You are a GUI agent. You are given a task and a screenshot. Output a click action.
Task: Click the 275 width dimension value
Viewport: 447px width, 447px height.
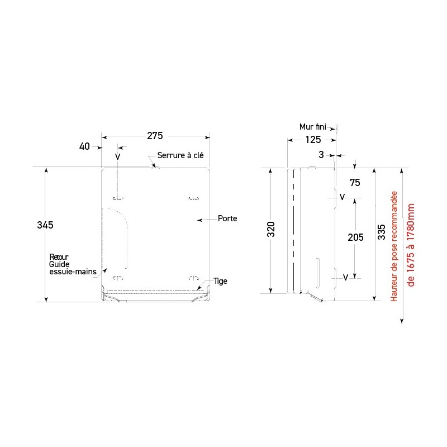point(155,136)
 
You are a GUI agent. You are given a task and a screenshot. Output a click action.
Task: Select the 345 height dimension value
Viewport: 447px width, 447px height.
point(45,225)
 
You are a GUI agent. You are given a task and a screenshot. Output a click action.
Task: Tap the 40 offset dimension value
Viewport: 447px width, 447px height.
point(84,146)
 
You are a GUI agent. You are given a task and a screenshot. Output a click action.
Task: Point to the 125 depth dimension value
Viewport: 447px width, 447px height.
point(313,140)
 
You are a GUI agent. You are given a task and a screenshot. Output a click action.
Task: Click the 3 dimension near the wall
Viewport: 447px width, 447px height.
point(321,155)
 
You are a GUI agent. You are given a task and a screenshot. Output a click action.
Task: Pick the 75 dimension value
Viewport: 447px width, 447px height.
point(355,183)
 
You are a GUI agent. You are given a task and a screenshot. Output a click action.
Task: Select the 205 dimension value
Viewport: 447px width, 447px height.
point(355,237)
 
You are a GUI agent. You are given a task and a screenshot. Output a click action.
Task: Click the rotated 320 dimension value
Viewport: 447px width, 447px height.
point(271,229)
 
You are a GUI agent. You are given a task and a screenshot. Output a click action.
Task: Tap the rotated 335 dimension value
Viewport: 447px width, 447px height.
point(382,232)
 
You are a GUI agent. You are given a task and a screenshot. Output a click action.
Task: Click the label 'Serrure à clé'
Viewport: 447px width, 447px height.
point(180,155)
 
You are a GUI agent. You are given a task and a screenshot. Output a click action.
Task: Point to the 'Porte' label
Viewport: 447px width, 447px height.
point(227,218)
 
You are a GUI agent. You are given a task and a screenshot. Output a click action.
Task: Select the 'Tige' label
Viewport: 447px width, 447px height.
point(220,281)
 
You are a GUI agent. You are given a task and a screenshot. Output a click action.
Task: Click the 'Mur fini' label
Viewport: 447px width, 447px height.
point(312,127)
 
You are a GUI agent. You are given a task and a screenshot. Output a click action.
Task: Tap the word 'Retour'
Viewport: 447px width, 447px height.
point(59,257)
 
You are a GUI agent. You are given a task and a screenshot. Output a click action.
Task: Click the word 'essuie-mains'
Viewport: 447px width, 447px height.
point(73,272)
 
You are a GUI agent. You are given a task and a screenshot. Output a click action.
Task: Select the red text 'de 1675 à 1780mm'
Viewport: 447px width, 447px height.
point(411,245)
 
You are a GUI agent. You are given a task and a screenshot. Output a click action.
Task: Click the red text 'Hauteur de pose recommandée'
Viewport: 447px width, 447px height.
point(394,246)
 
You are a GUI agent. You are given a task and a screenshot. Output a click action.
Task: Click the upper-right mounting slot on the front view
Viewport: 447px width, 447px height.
point(193,198)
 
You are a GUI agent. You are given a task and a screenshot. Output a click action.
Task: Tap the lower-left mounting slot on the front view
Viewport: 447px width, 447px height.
point(118,278)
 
